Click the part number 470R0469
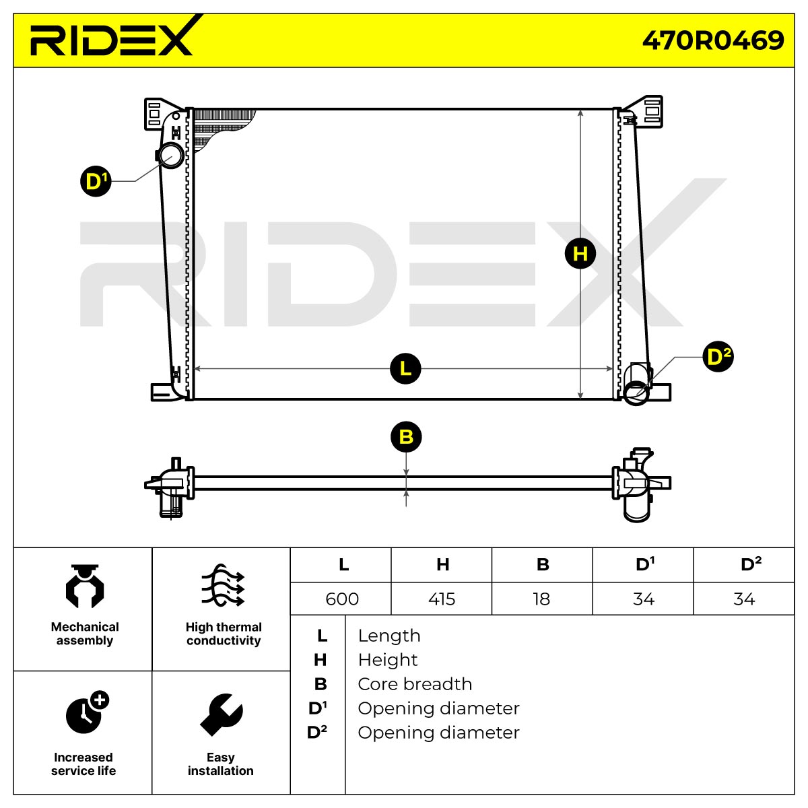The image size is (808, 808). [x=712, y=40]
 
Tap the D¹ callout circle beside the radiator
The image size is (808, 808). [x=96, y=181]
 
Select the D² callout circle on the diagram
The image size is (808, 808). [x=718, y=357]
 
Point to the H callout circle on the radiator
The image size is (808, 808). [x=580, y=254]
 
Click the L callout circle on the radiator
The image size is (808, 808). [x=405, y=368]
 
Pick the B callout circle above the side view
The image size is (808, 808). [x=406, y=437]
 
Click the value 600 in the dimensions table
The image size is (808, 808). [x=342, y=599]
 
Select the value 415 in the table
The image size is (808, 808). [x=442, y=599]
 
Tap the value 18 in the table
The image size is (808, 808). [x=541, y=599]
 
